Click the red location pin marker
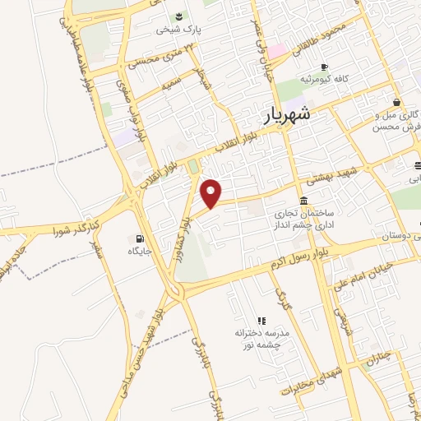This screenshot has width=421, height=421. [212, 193]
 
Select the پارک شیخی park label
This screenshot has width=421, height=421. [179, 30]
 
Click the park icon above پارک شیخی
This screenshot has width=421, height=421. [179, 16]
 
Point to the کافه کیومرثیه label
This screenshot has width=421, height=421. [325, 80]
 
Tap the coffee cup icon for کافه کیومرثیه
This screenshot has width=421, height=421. [325, 66]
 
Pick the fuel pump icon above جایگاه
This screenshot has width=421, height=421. [134, 239]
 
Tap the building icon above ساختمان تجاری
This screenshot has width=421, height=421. [304, 201]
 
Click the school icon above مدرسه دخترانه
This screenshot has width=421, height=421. [262, 321]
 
